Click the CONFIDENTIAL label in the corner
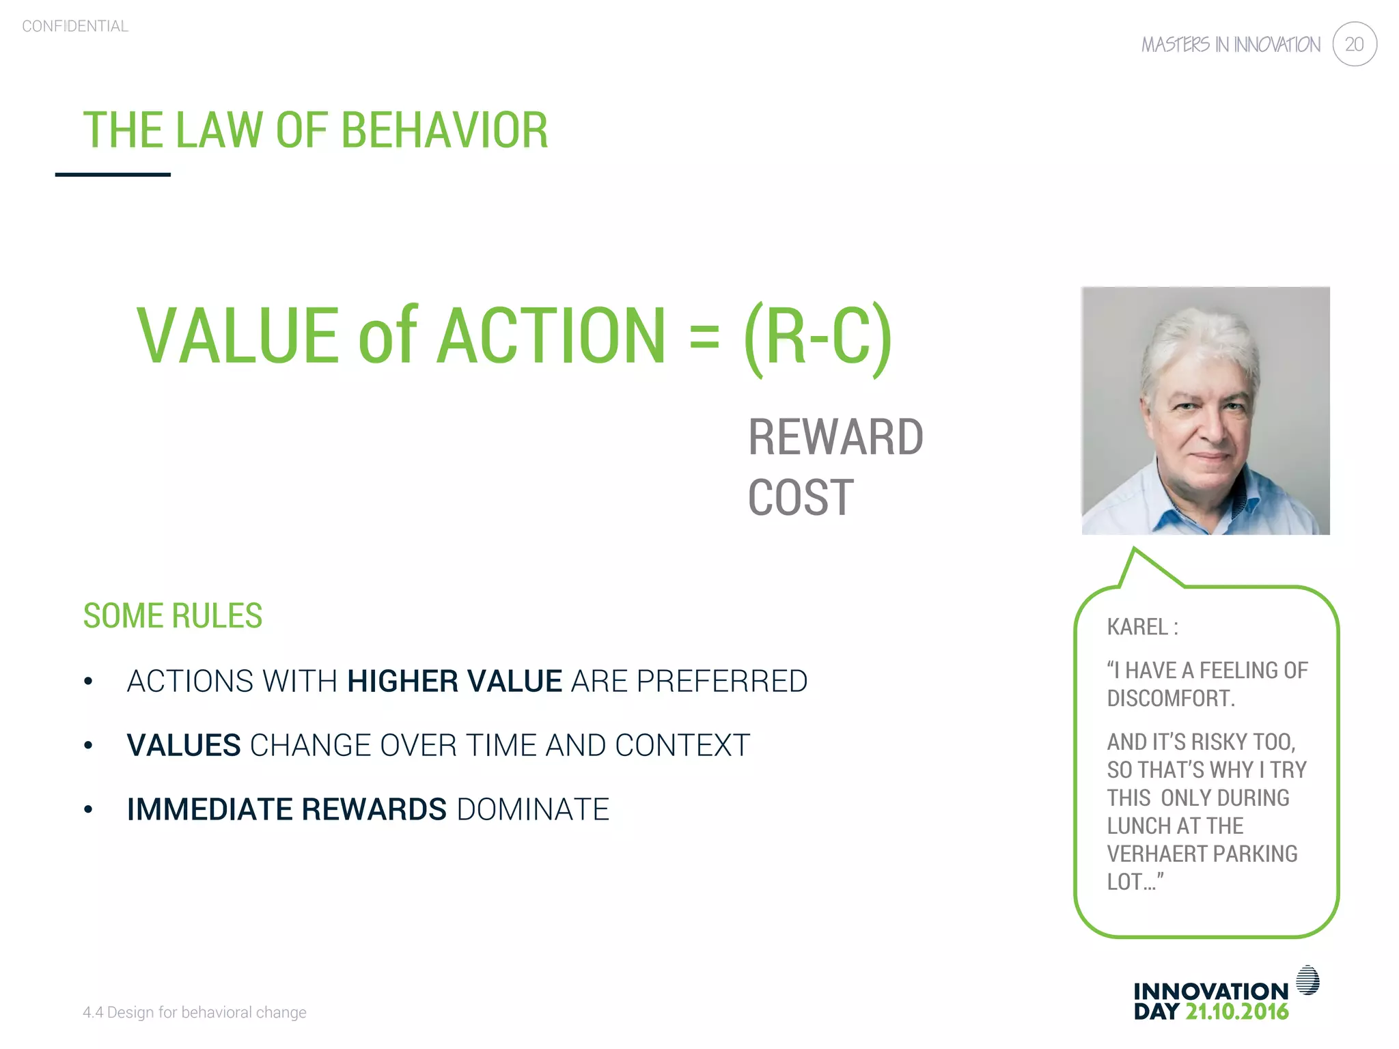75,26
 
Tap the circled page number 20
1354,44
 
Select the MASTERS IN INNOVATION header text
1230,45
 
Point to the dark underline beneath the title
113,175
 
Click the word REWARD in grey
835,438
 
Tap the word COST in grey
801,498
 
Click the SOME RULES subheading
173,616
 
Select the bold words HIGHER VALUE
454,682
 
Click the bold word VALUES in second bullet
184,745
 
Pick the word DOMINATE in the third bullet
533,809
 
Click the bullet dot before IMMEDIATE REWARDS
88,810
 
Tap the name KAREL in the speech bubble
1137,627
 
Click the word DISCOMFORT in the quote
1170,699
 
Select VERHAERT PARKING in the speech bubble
1202,854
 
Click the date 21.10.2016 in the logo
1236,1012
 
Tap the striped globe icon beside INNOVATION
1307,980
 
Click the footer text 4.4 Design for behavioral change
195,1012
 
